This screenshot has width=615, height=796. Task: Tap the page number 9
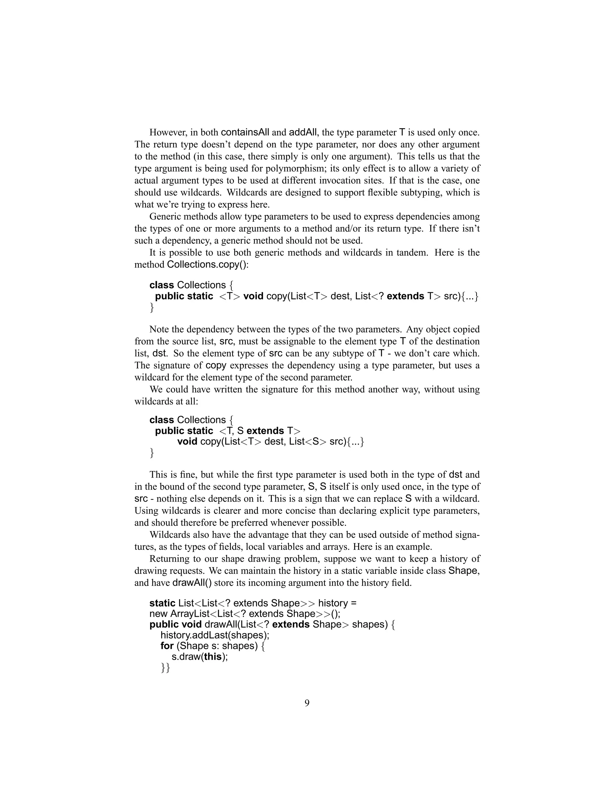(307, 703)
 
